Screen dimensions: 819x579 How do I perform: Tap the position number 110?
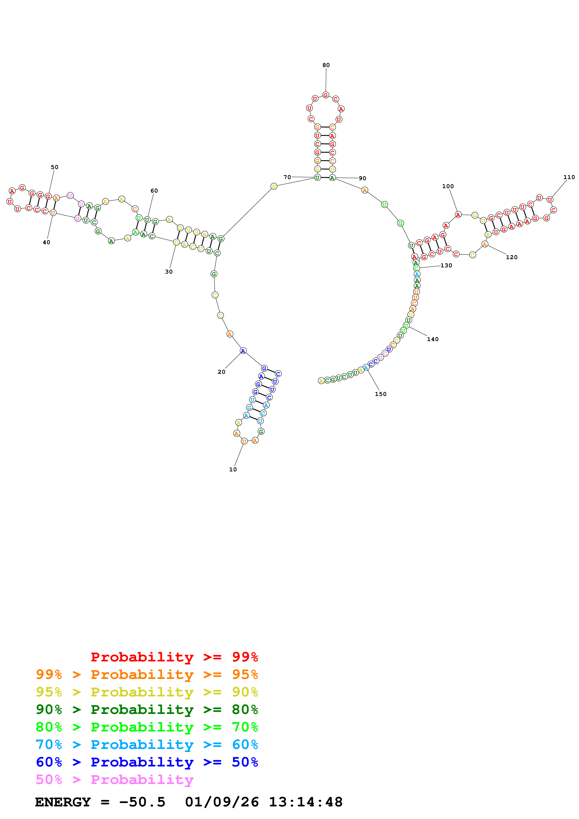pos(569,177)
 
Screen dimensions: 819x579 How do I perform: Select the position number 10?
pos(233,470)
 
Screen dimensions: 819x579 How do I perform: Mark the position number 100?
pos(448,187)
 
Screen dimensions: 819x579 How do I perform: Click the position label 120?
pos(511,258)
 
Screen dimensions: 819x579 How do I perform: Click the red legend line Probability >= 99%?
pos(174,657)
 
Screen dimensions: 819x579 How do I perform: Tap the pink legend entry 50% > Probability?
pos(114,780)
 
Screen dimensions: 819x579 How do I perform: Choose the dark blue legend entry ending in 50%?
pos(147,762)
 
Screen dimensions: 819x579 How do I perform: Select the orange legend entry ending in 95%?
pos(147,674)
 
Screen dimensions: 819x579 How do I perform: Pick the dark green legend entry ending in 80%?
pos(147,710)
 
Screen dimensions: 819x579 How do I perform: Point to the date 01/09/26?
pos(222,802)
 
